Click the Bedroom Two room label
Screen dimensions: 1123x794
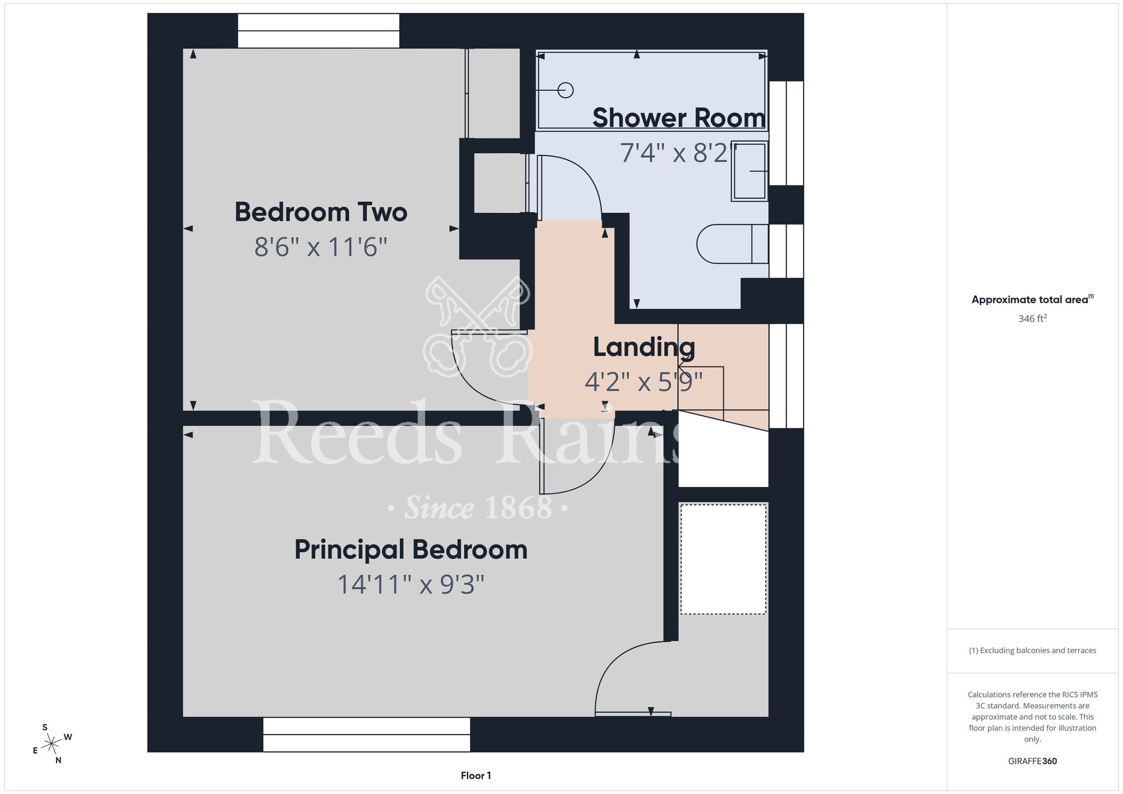tap(321, 212)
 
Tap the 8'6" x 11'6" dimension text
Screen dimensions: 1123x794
tap(321, 247)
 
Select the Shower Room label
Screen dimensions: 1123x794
tap(679, 118)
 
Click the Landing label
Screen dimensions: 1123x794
tap(644, 348)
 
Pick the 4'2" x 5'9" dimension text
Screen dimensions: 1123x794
tap(644, 382)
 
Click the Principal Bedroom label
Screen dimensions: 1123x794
tap(411, 550)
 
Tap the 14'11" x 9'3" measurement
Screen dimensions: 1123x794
tap(410, 585)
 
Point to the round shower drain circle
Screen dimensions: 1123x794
tap(565, 90)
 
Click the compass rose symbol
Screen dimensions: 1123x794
tap(52, 745)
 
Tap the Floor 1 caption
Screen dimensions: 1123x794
tap(476, 775)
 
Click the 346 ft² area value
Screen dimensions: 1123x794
tap(1033, 318)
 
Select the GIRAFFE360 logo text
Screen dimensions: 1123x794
tap(1033, 761)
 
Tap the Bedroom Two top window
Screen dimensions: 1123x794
tap(318, 31)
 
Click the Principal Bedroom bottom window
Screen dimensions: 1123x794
tap(367, 734)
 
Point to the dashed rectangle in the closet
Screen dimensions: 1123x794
tap(724, 559)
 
